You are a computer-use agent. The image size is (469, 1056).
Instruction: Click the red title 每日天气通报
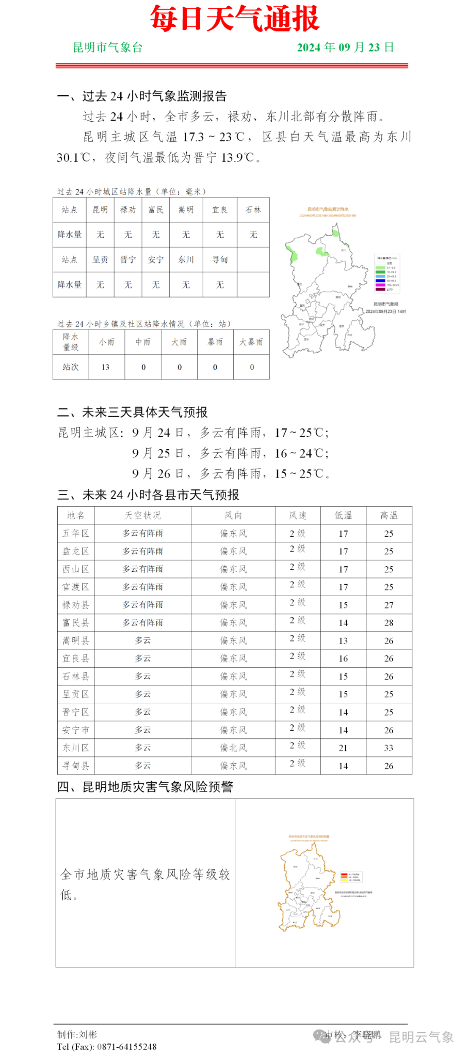[235, 19]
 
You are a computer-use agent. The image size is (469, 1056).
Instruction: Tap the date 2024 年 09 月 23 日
[345, 47]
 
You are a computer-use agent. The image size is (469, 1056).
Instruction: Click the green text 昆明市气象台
[107, 47]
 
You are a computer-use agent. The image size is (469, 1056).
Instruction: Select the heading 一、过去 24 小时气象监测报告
[142, 96]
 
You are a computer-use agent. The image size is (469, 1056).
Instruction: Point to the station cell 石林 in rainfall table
[253, 210]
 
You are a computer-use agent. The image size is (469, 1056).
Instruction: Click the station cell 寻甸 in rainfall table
[220, 259]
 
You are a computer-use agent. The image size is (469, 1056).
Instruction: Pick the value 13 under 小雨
[106, 367]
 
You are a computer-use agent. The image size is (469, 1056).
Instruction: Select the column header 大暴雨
[251, 342]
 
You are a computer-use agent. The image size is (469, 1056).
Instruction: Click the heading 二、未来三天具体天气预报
[133, 412]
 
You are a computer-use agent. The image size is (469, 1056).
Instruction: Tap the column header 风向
[233, 515]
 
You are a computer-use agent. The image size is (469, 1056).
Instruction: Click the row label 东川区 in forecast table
[76, 748]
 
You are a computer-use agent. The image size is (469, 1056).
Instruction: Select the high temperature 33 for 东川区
[389, 748]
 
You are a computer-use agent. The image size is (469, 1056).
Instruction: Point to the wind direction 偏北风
[233, 748]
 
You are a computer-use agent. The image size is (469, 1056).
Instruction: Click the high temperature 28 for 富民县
[389, 623]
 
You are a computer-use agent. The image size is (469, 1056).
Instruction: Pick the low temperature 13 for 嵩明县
[343, 640]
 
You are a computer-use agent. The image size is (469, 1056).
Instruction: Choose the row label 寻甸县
[76, 766]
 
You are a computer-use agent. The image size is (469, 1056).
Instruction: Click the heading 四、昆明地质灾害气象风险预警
[145, 786]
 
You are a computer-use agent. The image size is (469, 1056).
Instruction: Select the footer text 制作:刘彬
[77, 1034]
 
